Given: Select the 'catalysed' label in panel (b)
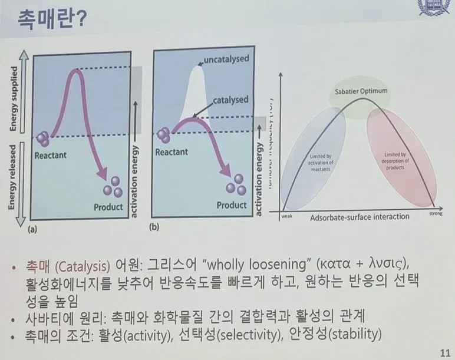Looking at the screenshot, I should click(x=230, y=100).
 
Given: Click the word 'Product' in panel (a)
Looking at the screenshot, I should click(x=108, y=207).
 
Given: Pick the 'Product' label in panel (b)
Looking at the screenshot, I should click(x=232, y=205).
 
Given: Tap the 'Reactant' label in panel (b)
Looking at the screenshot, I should click(x=172, y=152).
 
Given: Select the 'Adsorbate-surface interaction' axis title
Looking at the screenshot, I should click(x=360, y=216).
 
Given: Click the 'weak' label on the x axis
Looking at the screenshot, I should click(x=287, y=216).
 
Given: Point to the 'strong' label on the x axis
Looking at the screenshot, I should click(x=436, y=215).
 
